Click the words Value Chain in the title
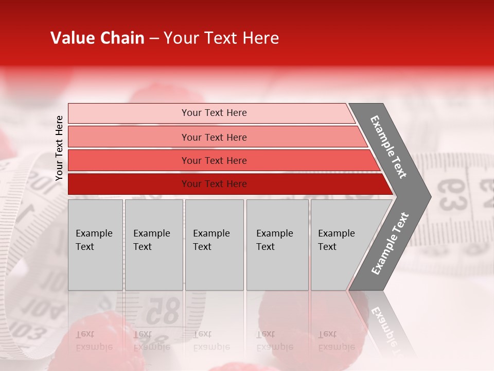pyautogui.click(x=97, y=38)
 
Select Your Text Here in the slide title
pyautogui.click(x=221, y=38)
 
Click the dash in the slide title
pyautogui.click(x=154, y=39)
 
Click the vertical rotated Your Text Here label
pyautogui.click(x=59, y=148)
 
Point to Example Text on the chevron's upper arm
pyautogui.click(x=389, y=147)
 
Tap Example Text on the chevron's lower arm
pyautogui.click(x=390, y=244)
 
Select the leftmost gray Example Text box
pyautogui.click(x=95, y=245)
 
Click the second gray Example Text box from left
pyautogui.click(x=153, y=245)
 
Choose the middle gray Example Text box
pyautogui.click(x=214, y=245)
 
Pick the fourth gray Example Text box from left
pyautogui.click(x=277, y=245)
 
